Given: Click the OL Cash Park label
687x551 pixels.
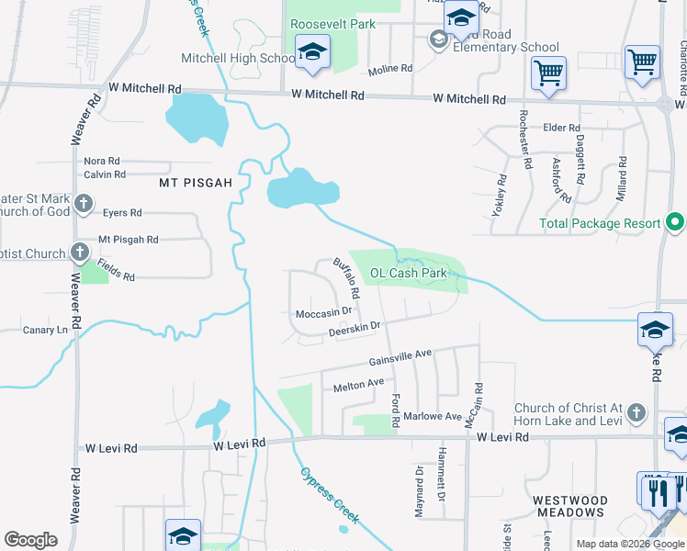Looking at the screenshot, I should (x=408, y=273).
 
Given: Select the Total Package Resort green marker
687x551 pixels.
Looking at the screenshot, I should (x=675, y=223).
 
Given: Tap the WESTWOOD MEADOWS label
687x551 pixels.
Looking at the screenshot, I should (x=569, y=508).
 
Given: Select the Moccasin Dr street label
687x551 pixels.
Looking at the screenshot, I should (x=324, y=313).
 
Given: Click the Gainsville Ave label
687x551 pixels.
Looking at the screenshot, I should (x=400, y=355).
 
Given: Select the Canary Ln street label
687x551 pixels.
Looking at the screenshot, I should (x=45, y=330).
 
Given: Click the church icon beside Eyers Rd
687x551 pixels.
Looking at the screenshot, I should (x=83, y=203).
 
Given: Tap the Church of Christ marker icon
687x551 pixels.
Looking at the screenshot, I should (x=635, y=415).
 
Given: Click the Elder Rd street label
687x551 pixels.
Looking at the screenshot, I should (x=561, y=128).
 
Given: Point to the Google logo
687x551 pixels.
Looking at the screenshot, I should (x=30, y=540).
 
